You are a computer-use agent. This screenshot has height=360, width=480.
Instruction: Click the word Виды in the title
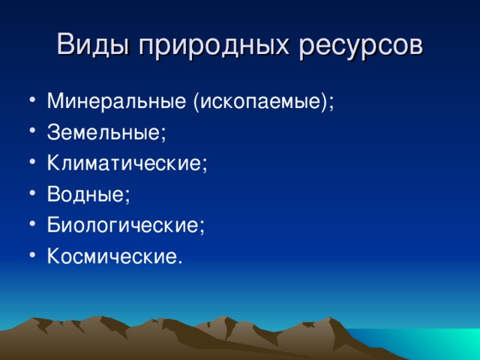click(93, 45)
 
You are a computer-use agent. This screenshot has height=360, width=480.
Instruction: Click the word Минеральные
click(116, 100)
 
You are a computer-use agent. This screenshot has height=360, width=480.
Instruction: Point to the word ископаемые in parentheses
click(259, 101)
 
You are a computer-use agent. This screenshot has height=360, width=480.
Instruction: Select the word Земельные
click(103, 132)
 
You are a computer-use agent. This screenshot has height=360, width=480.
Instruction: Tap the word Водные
click(85, 194)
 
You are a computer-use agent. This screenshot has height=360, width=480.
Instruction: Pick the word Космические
click(112, 256)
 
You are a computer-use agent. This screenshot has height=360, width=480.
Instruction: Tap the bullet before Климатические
click(33, 161)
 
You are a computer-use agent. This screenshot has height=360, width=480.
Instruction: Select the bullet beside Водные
click(33, 193)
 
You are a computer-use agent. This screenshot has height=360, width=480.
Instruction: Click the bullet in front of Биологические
click(33, 223)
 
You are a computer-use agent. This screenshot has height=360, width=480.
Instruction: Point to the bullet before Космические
click(33, 254)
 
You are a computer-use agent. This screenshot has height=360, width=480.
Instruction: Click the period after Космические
click(180, 262)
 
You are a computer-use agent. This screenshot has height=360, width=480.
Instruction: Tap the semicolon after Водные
click(127, 196)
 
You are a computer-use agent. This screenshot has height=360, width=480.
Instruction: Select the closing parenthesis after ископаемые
click(323, 102)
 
